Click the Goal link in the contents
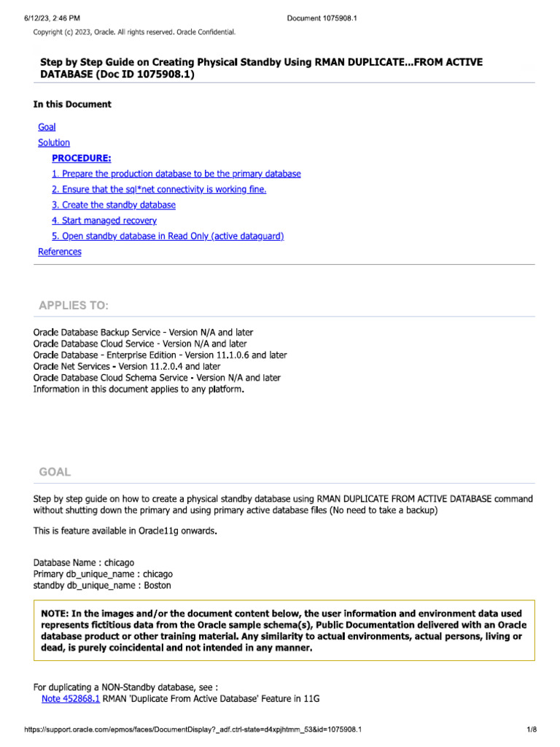47,127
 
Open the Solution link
54,142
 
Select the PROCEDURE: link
82,158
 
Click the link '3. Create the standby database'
114,205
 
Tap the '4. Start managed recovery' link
104,220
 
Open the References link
60,252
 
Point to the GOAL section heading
55,472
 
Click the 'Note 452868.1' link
71,699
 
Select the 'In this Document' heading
72,104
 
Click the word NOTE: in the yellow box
58,614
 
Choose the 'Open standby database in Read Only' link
168,236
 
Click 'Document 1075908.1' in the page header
322,18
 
